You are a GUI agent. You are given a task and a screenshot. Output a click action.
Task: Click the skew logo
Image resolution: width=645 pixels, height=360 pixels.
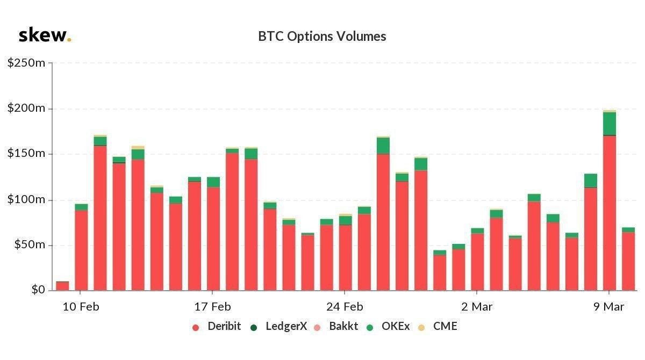coord(45,35)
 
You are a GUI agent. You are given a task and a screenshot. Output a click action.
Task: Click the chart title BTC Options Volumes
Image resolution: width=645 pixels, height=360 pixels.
coord(322,36)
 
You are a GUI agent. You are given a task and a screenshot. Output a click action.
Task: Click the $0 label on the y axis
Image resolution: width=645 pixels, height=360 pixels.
coord(37,290)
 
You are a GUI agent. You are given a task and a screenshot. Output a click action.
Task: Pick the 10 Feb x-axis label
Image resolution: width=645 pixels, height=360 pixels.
coord(81,307)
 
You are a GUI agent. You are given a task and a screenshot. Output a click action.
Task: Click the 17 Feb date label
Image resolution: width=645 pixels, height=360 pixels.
coord(212,307)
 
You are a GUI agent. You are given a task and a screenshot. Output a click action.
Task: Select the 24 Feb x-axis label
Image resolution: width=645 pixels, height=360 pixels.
coord(345,307)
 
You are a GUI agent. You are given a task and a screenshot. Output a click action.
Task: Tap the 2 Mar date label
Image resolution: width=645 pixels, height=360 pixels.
coord(477,307)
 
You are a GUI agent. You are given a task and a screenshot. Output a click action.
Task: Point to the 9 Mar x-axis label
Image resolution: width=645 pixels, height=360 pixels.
coord(609,307)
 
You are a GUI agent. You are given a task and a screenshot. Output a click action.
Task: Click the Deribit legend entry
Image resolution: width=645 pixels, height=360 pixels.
coord(217,326)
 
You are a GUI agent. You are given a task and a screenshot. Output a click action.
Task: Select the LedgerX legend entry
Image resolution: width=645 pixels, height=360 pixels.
coord(279,326)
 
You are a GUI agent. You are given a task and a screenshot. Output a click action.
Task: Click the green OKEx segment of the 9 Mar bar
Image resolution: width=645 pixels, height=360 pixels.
coord(609,124)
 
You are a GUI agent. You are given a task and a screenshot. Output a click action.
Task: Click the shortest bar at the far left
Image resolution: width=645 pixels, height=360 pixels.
coord(62,286)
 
